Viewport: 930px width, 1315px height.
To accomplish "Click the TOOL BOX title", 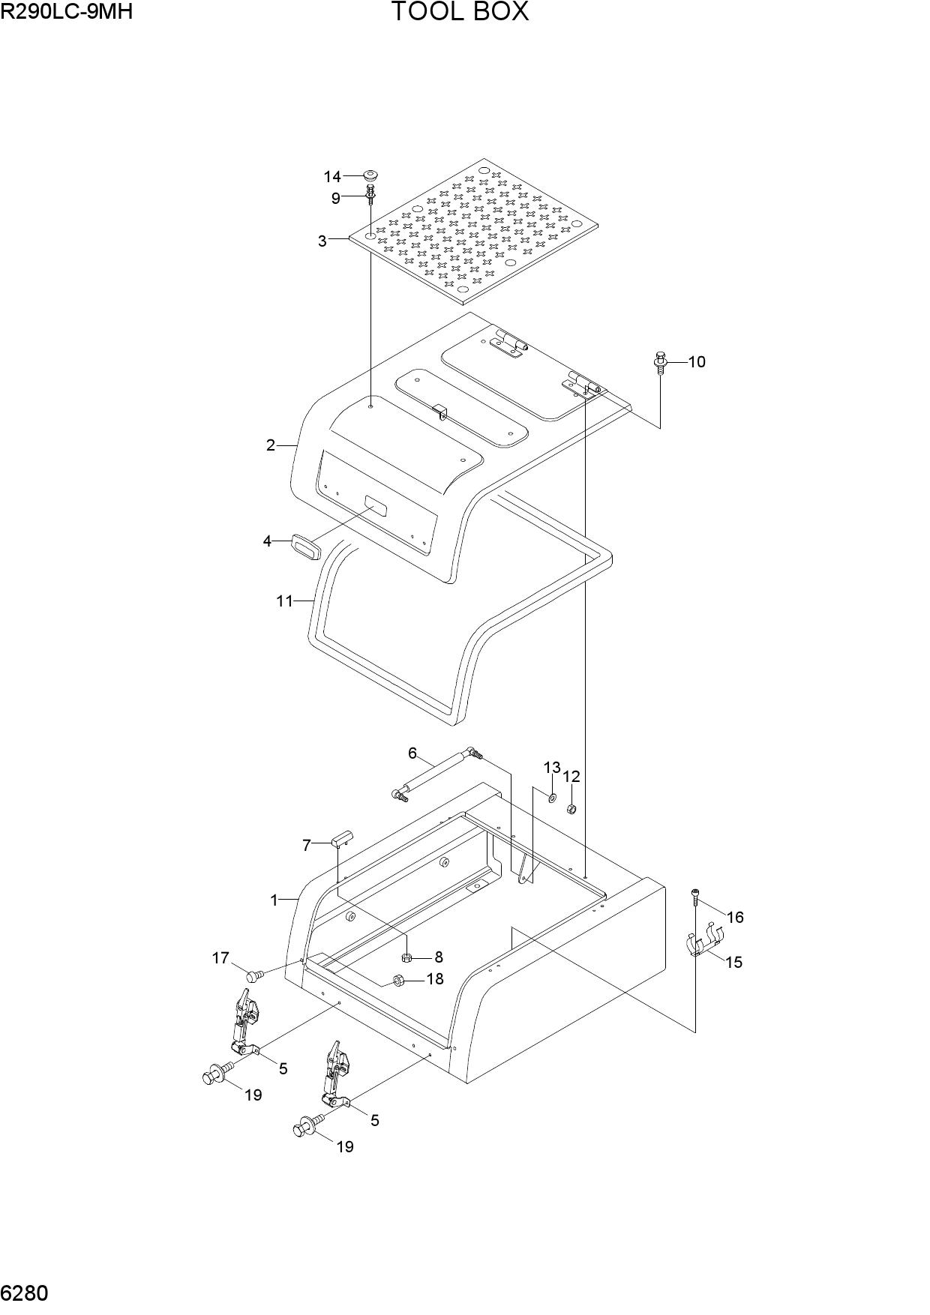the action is tap(460, 12).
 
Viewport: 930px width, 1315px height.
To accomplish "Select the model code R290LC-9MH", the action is tap(67, 10).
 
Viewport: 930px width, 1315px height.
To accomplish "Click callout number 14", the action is tap(332, 176).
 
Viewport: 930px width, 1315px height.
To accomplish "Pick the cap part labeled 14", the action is tap(370, 175).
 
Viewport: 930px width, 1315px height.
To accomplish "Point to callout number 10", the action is tap(697, 361).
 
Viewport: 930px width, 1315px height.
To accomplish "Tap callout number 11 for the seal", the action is tap(284, 601).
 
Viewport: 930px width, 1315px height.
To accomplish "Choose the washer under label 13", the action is tap(552, 796).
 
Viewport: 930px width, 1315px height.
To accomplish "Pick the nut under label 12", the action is tap(570, 809).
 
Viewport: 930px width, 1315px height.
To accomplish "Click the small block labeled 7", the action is tap(342, 837).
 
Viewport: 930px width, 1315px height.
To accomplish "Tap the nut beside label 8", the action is tap(407, 957).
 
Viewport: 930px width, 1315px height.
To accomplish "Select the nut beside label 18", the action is tap(400, 979).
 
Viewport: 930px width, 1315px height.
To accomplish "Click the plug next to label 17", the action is tap(255, 975).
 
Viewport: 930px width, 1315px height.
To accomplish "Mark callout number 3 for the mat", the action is tap(322, 241).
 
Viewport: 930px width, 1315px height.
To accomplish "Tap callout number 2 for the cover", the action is tap(271, 445).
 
